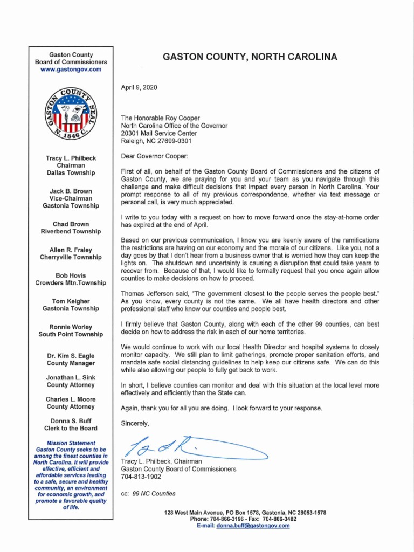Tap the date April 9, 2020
coord(140,87)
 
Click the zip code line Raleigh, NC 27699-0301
coord(156,141)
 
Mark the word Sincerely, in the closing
coord(135,423)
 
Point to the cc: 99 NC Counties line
coord(148,493)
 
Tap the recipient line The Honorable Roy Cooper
coord(160,118)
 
